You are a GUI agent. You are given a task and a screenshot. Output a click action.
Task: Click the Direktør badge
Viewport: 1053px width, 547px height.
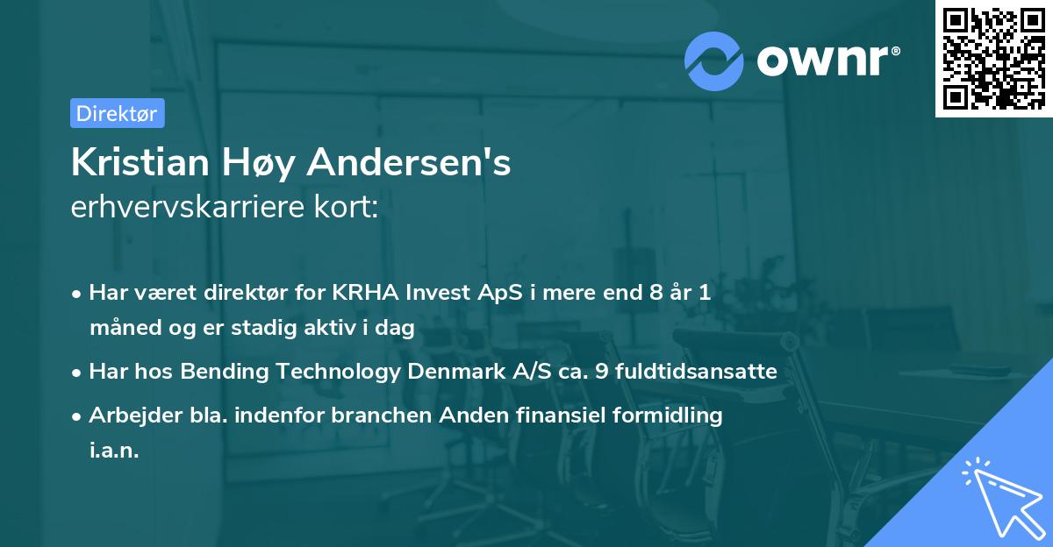tap(117, 113)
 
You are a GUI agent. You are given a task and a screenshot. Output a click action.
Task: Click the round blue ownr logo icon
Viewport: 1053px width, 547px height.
tap(714, 60)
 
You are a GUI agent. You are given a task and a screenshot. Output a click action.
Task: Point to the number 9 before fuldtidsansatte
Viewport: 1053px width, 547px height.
tap(600, 372)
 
